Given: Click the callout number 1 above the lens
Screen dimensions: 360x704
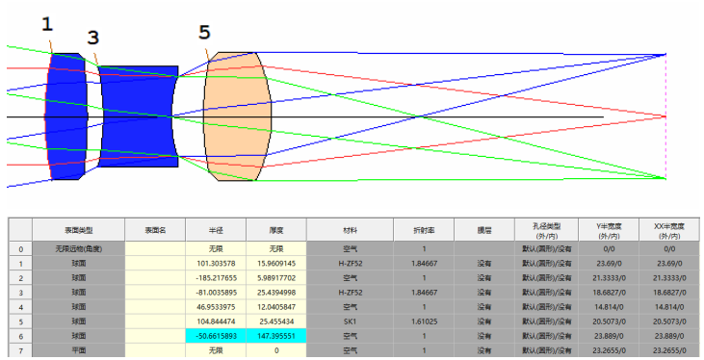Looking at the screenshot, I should click(x=48, y=22).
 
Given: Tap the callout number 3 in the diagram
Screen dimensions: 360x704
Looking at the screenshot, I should click(x=92, y=38).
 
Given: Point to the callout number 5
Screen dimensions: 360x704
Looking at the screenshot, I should click(x=204, y=33).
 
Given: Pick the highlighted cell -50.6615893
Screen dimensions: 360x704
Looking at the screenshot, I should click(x=215, y=336).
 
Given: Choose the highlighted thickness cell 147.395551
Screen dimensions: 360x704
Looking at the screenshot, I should click(x=275, y=336).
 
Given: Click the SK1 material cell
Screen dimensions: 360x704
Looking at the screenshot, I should click(x=344, y=321).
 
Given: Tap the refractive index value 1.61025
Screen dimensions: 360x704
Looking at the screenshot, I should click(x=424, y=321).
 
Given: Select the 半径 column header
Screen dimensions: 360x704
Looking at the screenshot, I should click(x=215, y=230).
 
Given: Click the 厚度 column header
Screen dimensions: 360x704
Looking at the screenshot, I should click(x=275, y=230).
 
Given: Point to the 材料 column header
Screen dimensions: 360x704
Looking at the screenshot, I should click(x=344, y=230).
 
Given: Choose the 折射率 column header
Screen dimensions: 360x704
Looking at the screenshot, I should click(x=424, y=230).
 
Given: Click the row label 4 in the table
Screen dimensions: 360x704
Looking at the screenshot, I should click(x=20, y=307).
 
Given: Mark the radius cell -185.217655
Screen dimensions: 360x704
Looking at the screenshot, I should click(x=215, y=277).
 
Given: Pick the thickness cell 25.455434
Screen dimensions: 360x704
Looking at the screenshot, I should click(x=275, y=321).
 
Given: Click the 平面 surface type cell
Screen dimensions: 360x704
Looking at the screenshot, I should click(x=78, y=350).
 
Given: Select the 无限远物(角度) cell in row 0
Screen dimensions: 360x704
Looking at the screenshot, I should click(x=78, y=248).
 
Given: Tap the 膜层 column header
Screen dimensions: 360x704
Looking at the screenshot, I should click(x=483, y=230).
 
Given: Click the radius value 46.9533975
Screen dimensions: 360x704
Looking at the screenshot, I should click(x=215, y=307).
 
